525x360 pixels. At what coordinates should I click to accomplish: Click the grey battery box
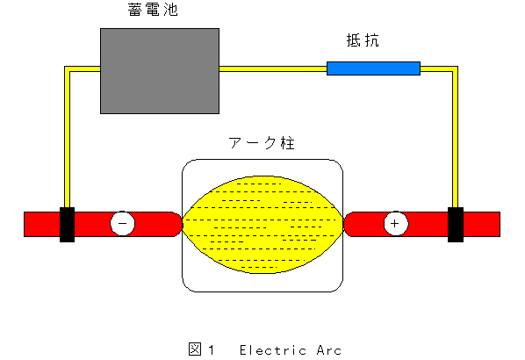160,71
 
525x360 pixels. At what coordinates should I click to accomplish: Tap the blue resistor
373,68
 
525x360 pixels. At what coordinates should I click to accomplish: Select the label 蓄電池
153,10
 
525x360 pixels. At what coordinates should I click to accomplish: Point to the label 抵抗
363,40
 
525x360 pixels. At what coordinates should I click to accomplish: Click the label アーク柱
262,143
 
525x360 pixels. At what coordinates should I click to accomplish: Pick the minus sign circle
123,223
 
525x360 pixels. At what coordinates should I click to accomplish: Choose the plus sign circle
396,223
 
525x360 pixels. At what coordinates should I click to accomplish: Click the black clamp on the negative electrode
67,225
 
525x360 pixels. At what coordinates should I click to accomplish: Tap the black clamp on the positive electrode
456,225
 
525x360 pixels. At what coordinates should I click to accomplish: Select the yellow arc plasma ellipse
262,225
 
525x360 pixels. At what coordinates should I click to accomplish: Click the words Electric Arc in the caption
291,350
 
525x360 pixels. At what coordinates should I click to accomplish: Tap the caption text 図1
201,349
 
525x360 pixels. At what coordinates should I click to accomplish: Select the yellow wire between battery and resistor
273,69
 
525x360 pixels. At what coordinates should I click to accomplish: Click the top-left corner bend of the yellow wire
67,69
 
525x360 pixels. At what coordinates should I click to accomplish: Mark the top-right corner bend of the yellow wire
455,69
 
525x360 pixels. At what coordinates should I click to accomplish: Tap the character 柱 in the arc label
288,143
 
